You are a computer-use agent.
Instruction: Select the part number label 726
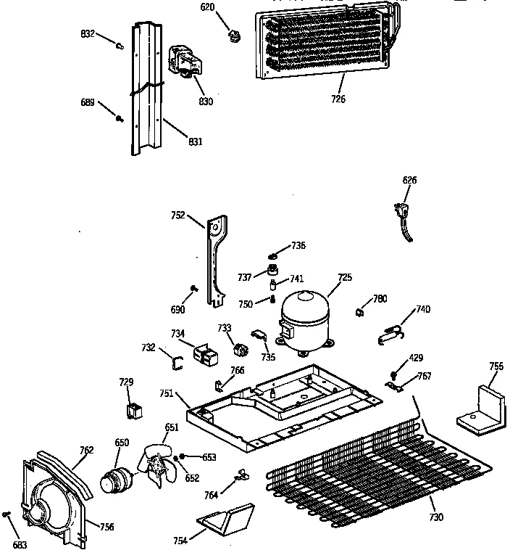[x=338, y=99]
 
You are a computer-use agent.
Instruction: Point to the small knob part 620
[x=234, y=33]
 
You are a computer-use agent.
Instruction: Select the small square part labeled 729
[x=133, y=411]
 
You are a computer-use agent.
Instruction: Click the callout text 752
[x=177, y=215]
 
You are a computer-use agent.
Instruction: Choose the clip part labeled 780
[x=359, y=313]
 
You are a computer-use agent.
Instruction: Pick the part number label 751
[x=166, y=393]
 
